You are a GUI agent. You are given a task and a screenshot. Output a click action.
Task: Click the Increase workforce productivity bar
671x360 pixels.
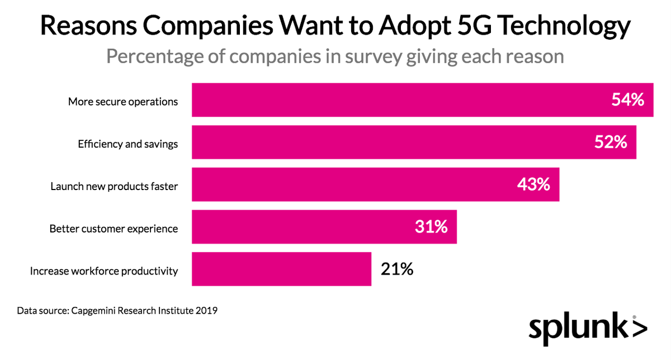point(281,269)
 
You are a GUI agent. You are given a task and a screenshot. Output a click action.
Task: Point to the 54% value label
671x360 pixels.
point(628,101)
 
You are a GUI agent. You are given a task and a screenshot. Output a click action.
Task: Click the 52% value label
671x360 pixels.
point(611,143)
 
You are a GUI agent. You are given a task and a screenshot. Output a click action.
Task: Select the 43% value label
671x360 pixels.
point(533,185)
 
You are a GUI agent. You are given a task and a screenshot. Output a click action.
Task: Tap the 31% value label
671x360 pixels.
point(431,227)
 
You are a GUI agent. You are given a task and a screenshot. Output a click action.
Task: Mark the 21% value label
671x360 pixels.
point(397,269)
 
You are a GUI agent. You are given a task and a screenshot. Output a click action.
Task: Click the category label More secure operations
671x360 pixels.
point(123,101)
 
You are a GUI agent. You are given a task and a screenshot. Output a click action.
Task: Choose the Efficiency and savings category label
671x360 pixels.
point(127,144)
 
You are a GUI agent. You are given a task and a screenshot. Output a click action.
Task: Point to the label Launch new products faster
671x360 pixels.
point(114,186)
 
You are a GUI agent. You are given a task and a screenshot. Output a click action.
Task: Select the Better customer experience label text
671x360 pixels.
point(114,229)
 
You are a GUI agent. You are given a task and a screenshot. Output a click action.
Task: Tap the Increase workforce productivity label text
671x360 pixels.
point(104,271)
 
